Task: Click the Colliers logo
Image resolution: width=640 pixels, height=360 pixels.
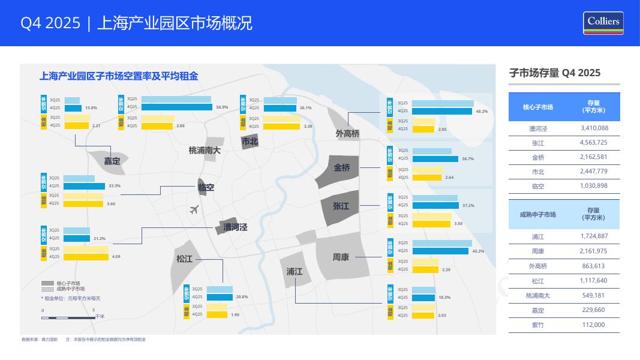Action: [603, 23]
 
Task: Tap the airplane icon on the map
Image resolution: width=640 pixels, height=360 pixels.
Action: [194, 209]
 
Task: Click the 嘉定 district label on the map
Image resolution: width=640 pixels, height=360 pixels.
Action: [112, 161]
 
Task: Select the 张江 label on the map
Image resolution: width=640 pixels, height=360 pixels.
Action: [341, 206]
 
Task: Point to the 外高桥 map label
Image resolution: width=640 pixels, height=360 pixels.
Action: [347, 133]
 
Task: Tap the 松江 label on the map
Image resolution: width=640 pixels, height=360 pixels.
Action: [184, 259]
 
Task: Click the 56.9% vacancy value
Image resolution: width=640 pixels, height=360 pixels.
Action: [222, 107]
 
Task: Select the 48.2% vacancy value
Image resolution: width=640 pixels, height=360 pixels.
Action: [482, 112]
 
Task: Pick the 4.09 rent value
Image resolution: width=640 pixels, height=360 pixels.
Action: [116, 257]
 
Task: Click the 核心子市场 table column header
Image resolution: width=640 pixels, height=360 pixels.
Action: [537, 107]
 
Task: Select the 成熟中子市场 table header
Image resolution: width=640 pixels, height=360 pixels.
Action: [537, 215]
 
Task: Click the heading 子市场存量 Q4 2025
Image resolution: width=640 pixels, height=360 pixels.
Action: [554, 73]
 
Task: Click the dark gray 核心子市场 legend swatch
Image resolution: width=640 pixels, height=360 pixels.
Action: [48, 283]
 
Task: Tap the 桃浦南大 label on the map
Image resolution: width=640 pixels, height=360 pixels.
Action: [205, 151]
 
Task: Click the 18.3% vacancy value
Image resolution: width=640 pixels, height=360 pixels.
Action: [444, 298]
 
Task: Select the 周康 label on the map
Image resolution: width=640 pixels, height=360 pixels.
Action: [341, 257]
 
